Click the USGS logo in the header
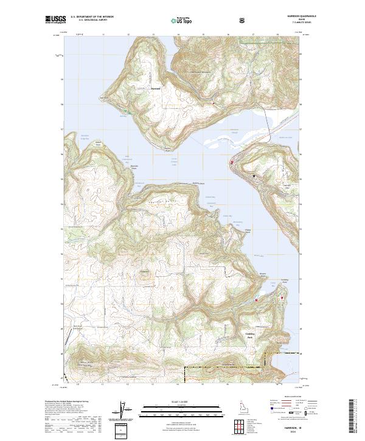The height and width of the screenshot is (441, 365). pyautogui.click(x=55, y=21)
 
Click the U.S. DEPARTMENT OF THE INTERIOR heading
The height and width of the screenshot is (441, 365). pyautogui.click(x=92, y=17)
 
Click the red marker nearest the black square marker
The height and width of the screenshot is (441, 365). pyautogui.click(x=231, y=163)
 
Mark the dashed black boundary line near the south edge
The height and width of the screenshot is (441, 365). pyautogui.click(x=225, y=367)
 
